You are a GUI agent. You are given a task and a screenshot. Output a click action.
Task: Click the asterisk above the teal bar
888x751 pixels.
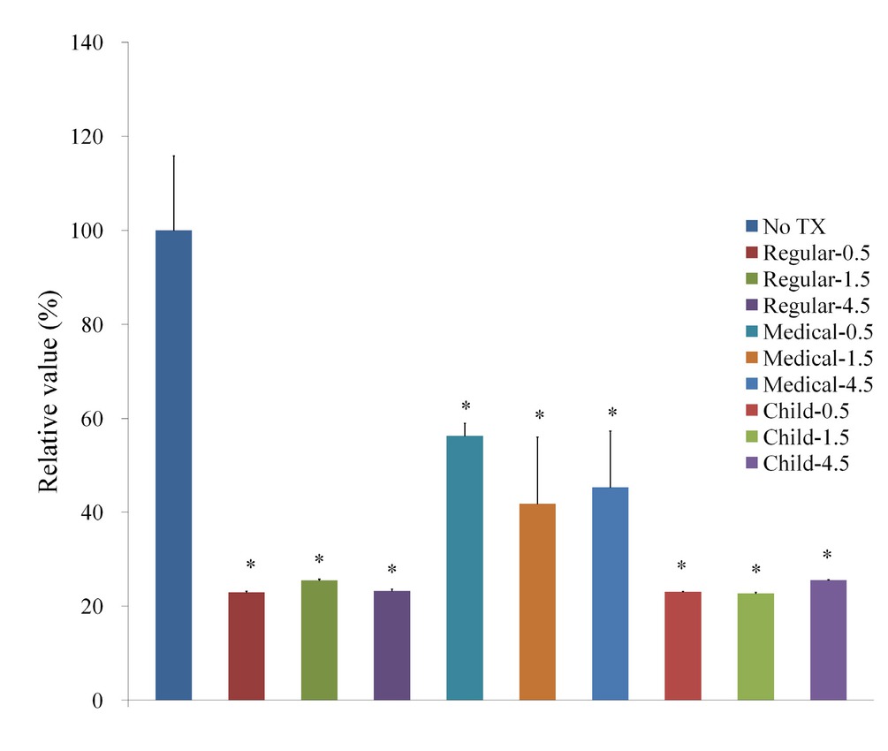[x=466, y=407]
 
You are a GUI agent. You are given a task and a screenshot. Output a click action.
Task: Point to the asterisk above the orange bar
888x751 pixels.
[x=538, y=416]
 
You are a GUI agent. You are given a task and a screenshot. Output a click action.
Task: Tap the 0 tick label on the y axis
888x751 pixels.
[x=101, y=701]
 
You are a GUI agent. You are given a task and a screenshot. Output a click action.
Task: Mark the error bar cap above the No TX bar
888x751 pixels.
[x=173, y=156]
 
